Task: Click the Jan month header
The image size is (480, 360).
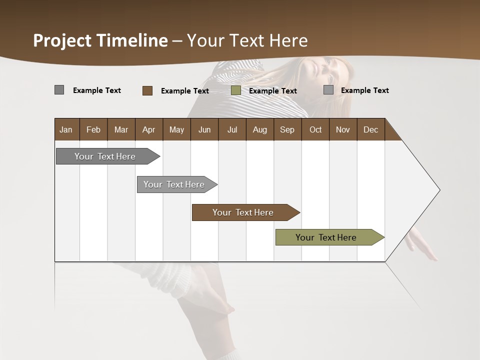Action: coord(66,129)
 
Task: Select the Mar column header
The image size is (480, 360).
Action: coord(121,129)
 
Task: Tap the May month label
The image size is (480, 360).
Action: coord(176,129)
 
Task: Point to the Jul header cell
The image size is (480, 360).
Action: coord(232,129)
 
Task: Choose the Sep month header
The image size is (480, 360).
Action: coord(287,129)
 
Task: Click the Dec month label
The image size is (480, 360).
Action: coord(370,129)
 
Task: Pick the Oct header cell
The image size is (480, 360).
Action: coord(315,129)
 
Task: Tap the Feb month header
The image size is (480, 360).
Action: coord(93,129)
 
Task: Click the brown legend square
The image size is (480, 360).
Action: coord(147,90)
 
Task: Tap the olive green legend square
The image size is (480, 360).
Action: coord(236,90)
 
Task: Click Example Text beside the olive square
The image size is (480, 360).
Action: coord(272,91)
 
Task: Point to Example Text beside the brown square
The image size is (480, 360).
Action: coord(184,91)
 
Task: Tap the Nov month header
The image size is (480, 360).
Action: coord(343,129)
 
